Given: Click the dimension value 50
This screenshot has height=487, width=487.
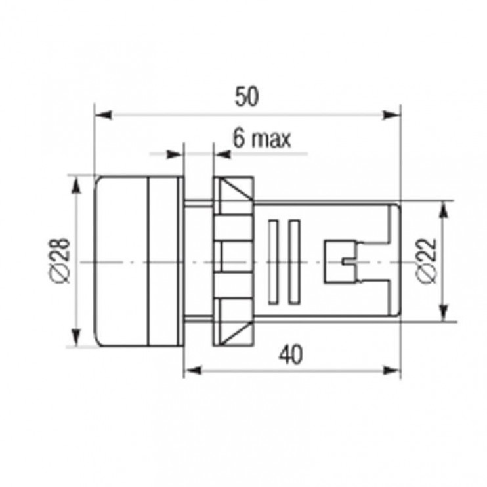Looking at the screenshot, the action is [246, 96].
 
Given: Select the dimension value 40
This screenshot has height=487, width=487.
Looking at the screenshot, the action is [290, 354].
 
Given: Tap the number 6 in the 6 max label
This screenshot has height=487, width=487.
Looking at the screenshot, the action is [239, 138].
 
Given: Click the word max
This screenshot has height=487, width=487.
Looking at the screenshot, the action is [272, 140].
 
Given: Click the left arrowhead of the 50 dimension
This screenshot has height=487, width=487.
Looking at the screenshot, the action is [103, 115].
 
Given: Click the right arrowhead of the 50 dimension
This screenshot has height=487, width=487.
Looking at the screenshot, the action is [391, 115].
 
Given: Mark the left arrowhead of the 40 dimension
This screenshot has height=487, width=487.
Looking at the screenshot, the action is [193, 370].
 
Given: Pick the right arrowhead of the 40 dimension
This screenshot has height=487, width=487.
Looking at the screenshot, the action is [391, 370].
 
